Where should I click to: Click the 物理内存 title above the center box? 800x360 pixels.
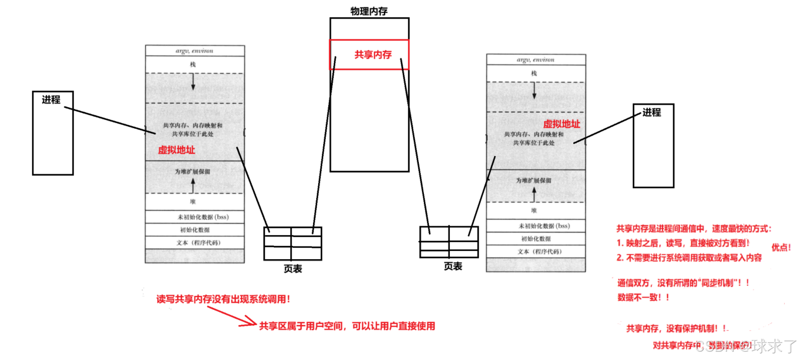coord(369,11)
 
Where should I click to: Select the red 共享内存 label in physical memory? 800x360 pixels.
coord(373,55)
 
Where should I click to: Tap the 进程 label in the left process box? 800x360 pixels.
coord(51,99)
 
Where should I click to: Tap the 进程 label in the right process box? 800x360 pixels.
coord(651,112)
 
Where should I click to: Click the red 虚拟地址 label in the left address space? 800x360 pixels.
coord(176,150)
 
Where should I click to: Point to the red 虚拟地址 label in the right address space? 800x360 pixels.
coord(562,124)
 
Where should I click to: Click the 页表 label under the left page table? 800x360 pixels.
coord(293,269)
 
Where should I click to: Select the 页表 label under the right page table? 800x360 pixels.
coord(453,267)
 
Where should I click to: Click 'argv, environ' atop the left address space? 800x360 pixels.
coord(194,51)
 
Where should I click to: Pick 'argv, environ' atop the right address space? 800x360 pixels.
coord(535,60)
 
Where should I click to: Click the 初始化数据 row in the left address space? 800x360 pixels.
coord(195,230)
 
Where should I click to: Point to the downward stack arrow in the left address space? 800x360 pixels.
coord(193,81)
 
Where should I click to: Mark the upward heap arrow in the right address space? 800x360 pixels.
coord(534,194)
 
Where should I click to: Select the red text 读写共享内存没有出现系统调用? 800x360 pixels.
coord(223,299)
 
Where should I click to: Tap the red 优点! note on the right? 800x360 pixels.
coord(781,247)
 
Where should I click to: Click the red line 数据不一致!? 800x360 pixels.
coord(643,297)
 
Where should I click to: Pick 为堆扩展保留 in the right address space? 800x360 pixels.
coord(533,180)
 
